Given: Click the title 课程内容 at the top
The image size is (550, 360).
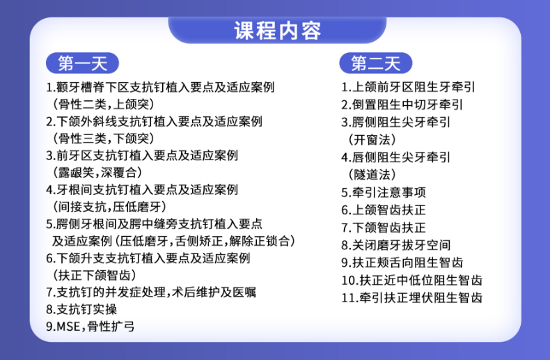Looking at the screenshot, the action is [x=278, y=31].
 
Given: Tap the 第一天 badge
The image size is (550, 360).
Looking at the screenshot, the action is [x=82, y=63].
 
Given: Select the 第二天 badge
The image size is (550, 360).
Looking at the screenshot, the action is [x=376, y=63].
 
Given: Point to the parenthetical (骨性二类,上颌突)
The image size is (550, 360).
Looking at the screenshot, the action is [x=104, y=104].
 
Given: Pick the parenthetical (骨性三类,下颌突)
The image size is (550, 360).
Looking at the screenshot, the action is [x=104, y=139].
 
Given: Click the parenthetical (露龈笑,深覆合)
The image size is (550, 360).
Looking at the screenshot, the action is [x=97, y=172].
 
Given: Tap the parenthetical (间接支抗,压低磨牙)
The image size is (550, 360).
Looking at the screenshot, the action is [x=109, y=207].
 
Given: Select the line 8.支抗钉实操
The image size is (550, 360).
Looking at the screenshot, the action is [x=81, y=309].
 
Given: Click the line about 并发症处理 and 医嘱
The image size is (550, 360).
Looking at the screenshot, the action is [x=151, y=292].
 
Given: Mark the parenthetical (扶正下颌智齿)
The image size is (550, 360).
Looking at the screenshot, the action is [x=95, y=275].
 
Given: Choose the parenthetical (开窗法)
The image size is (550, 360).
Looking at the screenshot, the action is [x=372, y=140].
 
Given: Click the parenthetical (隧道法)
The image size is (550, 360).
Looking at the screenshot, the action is [x=372, y=174].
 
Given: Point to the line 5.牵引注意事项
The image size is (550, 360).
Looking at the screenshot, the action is [x=384, y=192].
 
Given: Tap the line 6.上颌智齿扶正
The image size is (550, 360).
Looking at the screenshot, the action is [x=384, y=210].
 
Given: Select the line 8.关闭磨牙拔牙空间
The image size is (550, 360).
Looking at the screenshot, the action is [x=395, y=245].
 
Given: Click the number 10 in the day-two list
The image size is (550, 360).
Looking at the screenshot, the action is [x=349, y=281].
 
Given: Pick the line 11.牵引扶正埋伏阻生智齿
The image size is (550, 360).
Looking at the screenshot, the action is [x=411, y=298].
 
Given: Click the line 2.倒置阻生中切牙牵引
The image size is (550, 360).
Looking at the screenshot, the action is [x=402, y=104].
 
